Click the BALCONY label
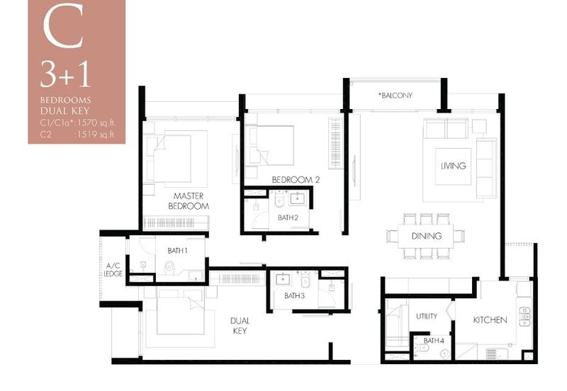tap(395, 96)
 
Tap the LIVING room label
tap(453, 166)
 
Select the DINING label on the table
tap(427, 236)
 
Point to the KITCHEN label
tap(490, 319)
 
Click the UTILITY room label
tap(427, 316)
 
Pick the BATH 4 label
tap(434, 341)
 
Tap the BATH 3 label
tap(294, 295)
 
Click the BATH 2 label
tap(288, 217)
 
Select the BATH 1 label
tap(177, 251)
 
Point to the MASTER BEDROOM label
tap(189, 201)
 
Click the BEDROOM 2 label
tap(296, 180)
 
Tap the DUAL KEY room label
tap(240, 326)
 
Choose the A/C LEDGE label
tap(113, 270)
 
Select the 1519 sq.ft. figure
tap(95, 135)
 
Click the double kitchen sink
tap(524, 317)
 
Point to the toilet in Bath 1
tap(169, 268)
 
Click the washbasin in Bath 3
tap(282, 279)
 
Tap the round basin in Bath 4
tap(445, 353)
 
